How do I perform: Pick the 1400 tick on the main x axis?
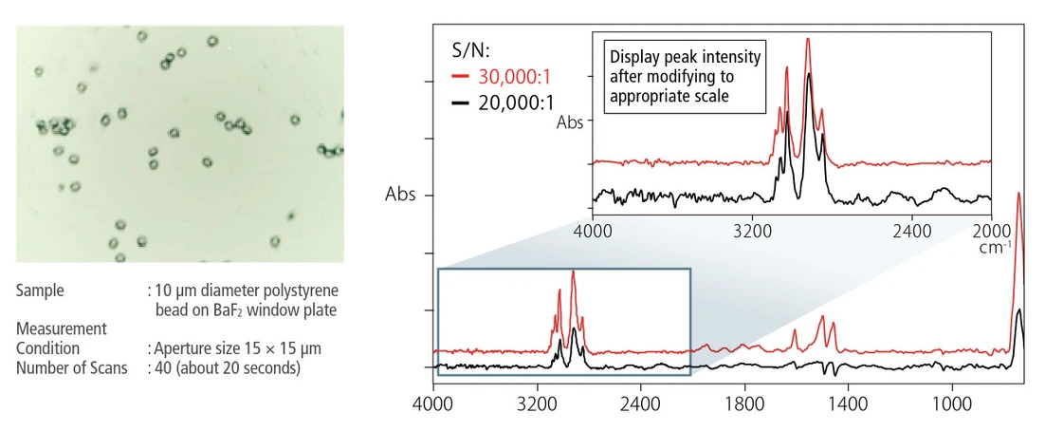coord(847,402)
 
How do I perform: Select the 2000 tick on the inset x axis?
coord(990,230)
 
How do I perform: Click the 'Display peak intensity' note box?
coord(685,77)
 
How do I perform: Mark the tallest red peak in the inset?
coord(808,40)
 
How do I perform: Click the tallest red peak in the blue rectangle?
coord(573,273)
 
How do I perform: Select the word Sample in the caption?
coord(40,290)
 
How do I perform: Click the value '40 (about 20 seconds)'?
coord(229,366)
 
